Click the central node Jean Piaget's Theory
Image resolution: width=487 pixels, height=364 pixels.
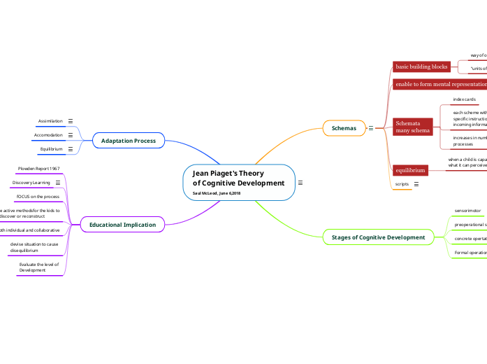pos(238,178)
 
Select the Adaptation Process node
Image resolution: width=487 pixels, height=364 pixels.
pos(129,141)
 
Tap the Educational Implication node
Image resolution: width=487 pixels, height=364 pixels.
pos(122,225)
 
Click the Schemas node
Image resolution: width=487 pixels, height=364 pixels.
pos(344,128)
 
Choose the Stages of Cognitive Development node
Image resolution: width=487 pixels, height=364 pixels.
pos(378,237)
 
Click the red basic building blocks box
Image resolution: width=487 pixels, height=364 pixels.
pos(421,66)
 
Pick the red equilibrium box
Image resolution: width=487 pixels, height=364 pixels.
pos(409,170)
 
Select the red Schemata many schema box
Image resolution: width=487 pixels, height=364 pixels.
pos(412,127)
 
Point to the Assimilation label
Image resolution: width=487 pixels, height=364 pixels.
pos(50,121)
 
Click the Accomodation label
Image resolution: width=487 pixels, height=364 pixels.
pos(48,135)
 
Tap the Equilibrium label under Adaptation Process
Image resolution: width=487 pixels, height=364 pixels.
pos(51,149)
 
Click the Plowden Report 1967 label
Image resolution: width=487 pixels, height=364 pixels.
pos(38,169)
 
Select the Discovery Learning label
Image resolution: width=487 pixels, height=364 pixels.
pos(31,183)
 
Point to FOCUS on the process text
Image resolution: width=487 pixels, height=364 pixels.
pos(38,197)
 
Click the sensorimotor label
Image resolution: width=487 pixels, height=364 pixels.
pos(467,210)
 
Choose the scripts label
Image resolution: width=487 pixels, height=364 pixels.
pos(402,184)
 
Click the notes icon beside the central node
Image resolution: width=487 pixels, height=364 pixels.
pos(300,183)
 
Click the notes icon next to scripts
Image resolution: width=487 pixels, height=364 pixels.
pos(416,184)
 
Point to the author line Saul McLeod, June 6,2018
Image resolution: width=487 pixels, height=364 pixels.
pos(217,192)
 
